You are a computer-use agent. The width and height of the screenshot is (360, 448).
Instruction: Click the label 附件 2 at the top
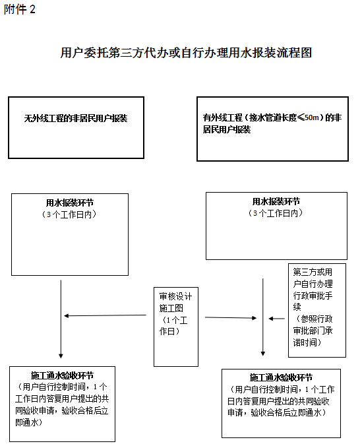pos(19,9)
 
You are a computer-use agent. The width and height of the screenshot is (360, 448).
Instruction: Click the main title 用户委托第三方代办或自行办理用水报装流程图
pos(186,53)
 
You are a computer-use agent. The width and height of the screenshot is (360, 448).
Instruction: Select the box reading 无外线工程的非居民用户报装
pos(76,127)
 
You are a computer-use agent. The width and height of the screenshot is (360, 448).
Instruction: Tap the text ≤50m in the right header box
pos(308,117)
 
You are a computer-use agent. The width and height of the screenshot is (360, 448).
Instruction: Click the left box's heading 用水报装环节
pos(70,203)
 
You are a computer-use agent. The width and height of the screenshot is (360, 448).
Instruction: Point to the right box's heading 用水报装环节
pos(276,202)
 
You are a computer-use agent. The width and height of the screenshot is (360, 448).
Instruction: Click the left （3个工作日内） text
pos(69,214)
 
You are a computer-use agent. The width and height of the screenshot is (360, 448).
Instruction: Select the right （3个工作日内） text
pos(276,213)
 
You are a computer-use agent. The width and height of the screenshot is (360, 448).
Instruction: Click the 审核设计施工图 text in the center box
pos(175,302)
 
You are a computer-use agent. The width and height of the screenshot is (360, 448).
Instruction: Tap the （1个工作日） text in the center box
pos(173,326)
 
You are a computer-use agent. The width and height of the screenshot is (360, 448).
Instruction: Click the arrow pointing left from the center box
pos(105,315)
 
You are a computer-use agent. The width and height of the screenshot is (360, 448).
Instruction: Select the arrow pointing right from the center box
pos(231,318)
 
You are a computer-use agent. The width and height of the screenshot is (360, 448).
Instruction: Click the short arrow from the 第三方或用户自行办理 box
pos(277,319)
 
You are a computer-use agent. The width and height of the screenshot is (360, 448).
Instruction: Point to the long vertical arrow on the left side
pos(61,319)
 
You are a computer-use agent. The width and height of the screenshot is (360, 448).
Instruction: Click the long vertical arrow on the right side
pos(263,317)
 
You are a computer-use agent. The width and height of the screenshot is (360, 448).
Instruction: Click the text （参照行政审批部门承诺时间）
pos(313,331)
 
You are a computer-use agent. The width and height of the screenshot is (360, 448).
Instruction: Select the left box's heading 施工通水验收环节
pos(62,375)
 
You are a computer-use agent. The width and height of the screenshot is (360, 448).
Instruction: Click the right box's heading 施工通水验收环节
pos(281,377)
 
